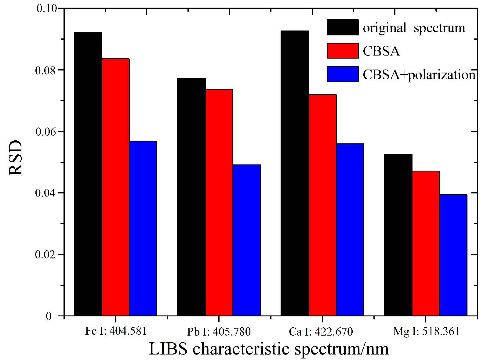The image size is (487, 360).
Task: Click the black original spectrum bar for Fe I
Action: coord(88,174)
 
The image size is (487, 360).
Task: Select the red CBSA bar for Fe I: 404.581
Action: coord(116,187)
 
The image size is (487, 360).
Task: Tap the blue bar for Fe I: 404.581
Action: coord(143,228)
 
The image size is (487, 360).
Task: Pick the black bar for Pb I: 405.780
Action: coord(191,197)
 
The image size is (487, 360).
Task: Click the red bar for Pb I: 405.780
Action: coord(219,203)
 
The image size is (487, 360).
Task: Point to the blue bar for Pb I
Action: coord(246,240)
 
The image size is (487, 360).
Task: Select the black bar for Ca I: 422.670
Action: coord(295,173)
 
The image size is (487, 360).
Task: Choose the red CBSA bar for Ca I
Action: coord(322,205)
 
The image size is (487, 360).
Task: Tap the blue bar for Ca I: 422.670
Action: coord(350,229)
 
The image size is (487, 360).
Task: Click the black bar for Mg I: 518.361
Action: coord(398,235)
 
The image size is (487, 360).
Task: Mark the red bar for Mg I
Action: coord(426,243)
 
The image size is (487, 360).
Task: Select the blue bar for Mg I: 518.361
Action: coord(453,255)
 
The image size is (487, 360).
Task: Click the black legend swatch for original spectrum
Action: coord(342,27)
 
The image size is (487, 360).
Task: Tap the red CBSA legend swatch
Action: coord(342,51)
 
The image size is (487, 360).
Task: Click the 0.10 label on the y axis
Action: coord(47,8)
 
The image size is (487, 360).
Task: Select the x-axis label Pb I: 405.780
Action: coord(219,332)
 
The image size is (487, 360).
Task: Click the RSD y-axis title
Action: coord(16,158)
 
